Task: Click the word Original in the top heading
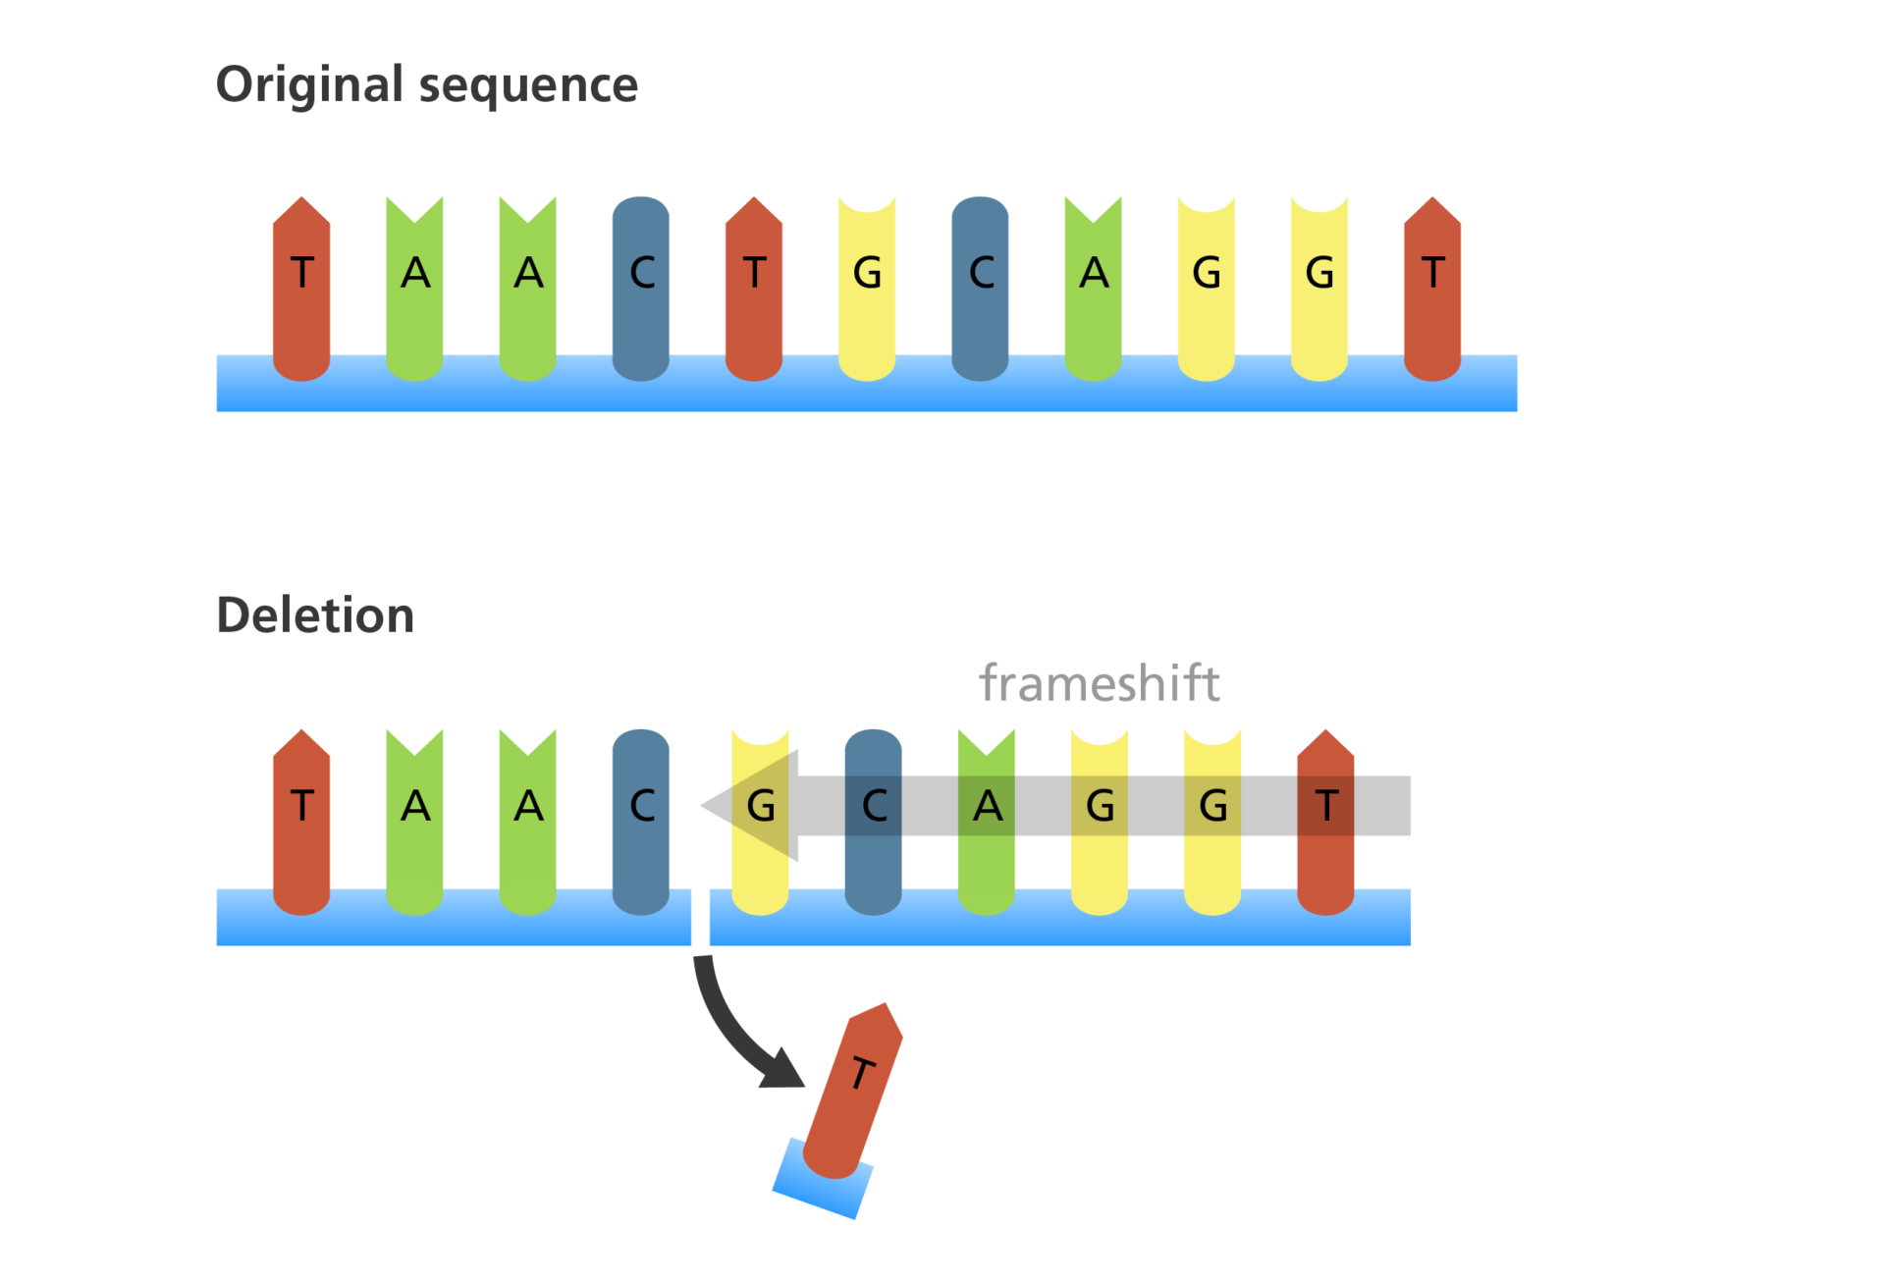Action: pyautogui.click(x=309, y=85)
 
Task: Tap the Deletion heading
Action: pyautogui.click(x=314, y=615)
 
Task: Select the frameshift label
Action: pyautogui.click(x=1099, y=683)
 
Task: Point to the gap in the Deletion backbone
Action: pyautogui.click(x=700, y=918)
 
